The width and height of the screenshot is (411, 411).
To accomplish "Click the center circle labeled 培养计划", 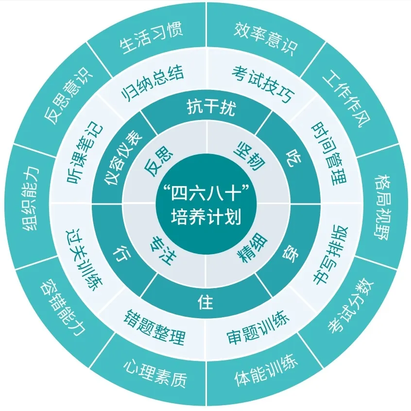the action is (206, 204).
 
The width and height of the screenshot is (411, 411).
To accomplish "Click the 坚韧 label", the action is (249, 156).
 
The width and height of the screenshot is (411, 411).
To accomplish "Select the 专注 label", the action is (163, 250).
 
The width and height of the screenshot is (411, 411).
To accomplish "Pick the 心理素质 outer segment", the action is (155, 374).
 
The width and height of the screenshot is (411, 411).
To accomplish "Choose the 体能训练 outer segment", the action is (266, 370).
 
